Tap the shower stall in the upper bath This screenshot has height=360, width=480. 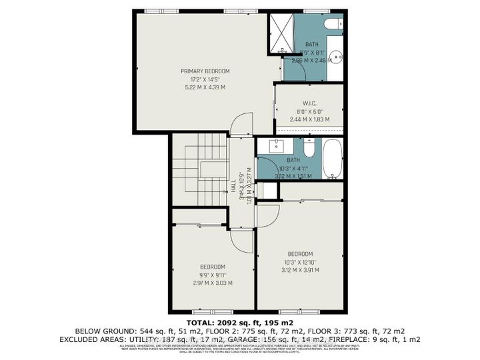click(283, 35)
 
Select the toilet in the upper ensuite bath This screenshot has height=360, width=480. click(331, 24)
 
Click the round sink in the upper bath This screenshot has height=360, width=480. click(335, 54)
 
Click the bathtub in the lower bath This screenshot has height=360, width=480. click(333, 159)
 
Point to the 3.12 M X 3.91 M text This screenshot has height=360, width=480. click(301, 270)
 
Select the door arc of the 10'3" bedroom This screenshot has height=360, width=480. click(267, 214)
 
